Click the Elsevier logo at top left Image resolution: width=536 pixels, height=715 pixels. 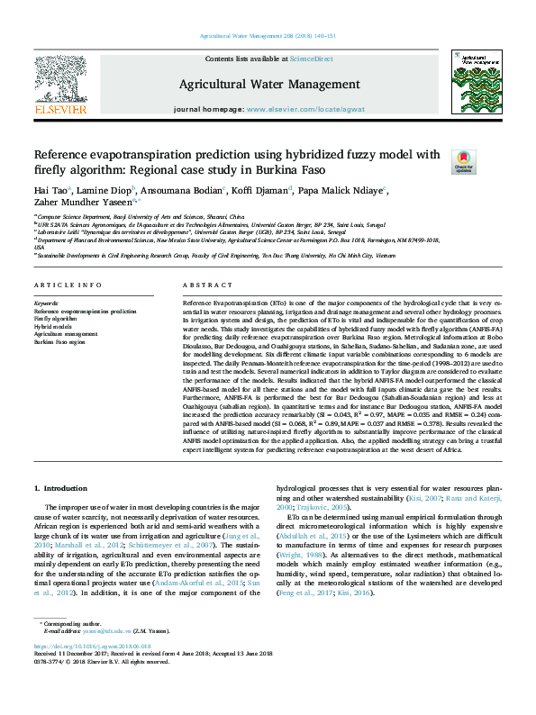pyautogui.click(x=60, y=86)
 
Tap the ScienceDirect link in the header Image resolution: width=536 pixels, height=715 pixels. pyautogui.click(x=313, y=59)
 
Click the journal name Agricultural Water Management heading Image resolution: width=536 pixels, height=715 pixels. pyautogui.click(x=267, y=84)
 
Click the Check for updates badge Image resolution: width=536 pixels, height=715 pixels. pyautogui.click(x=463, y=162)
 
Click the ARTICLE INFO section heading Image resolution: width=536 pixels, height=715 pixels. pyautogui.click(x=68, y=285)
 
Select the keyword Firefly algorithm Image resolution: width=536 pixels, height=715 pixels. pyautogui.click(x=56, y=319)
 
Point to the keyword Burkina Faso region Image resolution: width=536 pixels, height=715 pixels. pyautogui.click(x=59, y=343)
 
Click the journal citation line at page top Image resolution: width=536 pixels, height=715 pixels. pyautogui.click(x=267, y=36)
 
